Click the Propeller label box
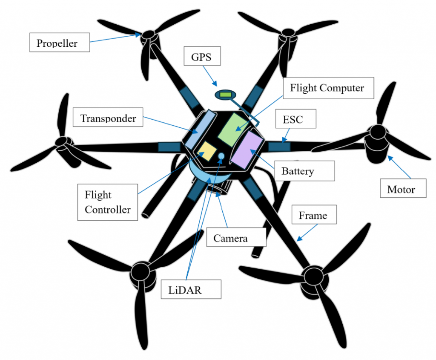(59, 43)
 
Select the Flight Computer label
(327, 88)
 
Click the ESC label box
(293, 119)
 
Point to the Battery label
(298, 171)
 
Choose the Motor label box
(403, 189)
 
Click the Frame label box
(313, 215)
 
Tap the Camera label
(231, 238)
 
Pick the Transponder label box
(109, 118)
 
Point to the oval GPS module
(225, 95)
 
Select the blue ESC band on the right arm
(279, 147)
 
